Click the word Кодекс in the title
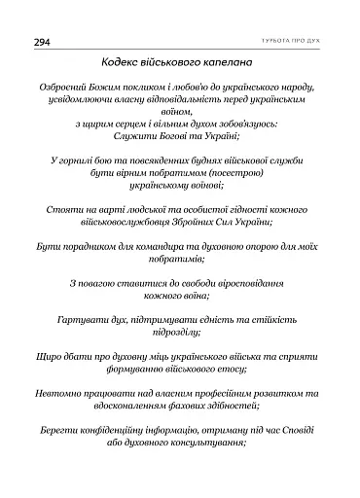click(125, 63)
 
